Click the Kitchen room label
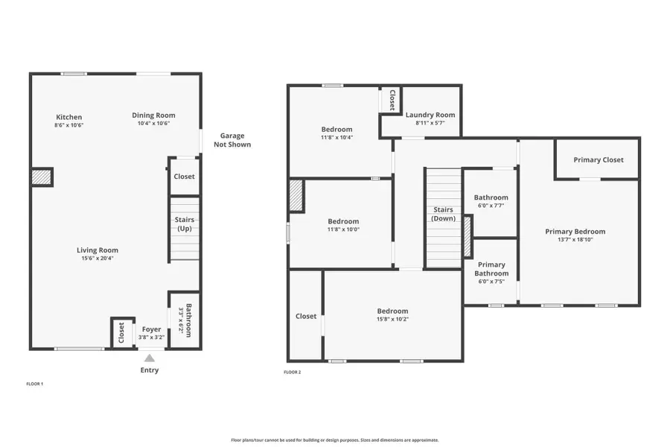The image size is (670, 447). point(69,117)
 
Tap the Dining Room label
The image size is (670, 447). point(153,115)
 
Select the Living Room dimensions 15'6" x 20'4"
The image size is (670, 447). point(97,259)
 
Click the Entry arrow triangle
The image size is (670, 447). point(150,358)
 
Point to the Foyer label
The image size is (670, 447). point(151,329)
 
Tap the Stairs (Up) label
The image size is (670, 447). point(184,224)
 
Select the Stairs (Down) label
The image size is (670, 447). point(443,214)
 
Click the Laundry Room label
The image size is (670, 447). point(430,115)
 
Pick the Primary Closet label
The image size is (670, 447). point(598,159)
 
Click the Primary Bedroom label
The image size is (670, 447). point(575,231)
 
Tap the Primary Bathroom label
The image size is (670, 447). point(491,269)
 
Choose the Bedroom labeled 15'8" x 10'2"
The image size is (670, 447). point(392,311)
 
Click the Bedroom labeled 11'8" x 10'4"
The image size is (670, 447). point(336,129)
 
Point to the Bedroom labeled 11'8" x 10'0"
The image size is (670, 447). point(343,221)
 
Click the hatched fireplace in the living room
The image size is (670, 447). point(42,177)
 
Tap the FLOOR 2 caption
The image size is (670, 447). point(293,372)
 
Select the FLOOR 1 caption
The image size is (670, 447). point(35,384)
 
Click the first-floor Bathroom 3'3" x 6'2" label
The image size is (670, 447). point(188,321)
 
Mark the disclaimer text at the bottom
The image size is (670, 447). point(334,440)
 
